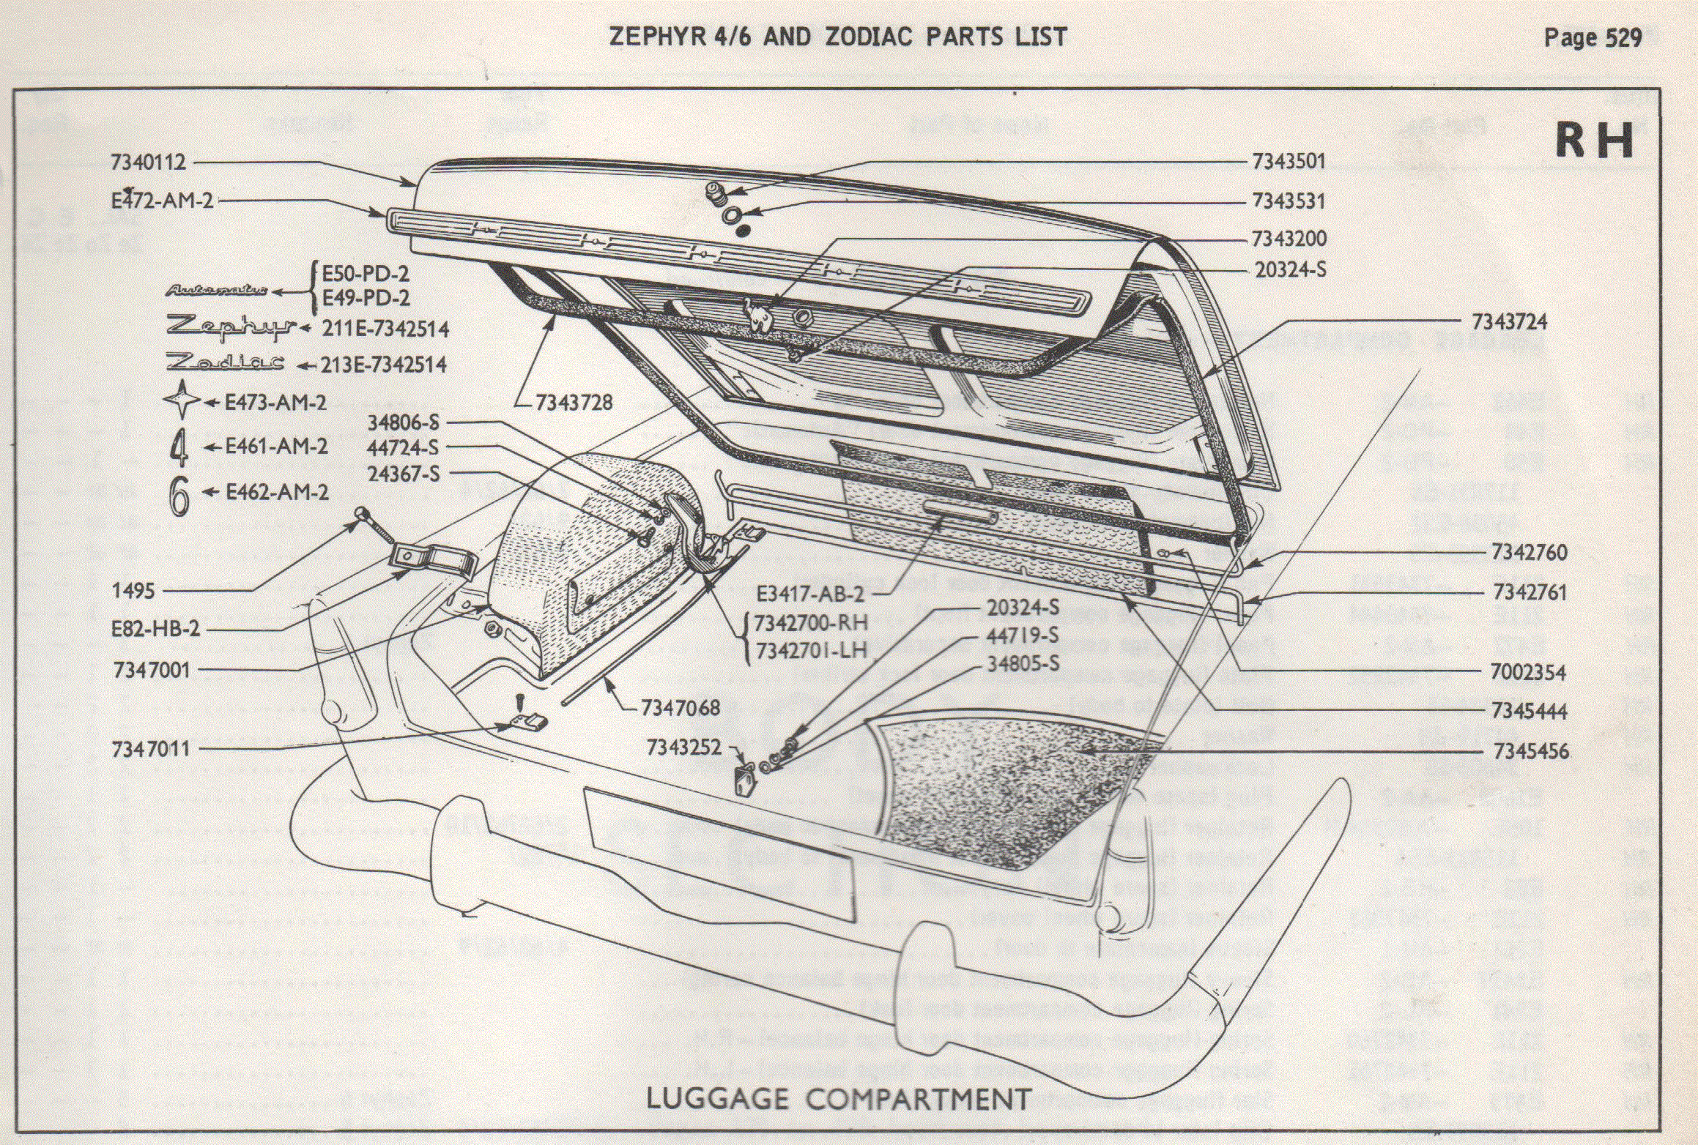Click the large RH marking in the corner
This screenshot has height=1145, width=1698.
tap(1594, 141)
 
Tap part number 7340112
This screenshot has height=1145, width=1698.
tap(149, 162)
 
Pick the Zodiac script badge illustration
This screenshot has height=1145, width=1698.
tap(226, 362)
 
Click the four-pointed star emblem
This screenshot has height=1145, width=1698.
tap(181, 400)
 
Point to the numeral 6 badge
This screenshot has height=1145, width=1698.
tap(179, 496)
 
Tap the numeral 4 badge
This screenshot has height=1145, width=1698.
tap(179, 447)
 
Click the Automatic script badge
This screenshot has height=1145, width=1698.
tap(216, 291)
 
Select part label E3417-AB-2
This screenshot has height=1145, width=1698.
tap(809, 594)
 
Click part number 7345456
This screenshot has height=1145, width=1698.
tap(1530, 751)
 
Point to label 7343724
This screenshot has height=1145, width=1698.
tap(1509, 321)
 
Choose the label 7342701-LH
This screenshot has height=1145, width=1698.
tap(810, 649)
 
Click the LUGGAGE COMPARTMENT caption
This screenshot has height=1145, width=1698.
tap(838, 1099)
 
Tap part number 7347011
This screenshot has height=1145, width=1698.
tap(150, 749)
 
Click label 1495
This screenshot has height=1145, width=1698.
tap(133, 590)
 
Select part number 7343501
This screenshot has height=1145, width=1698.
tap(1289, 161)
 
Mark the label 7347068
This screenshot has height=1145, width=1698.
tap(680, 708)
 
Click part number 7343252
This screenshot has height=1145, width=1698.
tap(683, 747)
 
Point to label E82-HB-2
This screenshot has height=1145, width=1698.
tap(155, 629)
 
